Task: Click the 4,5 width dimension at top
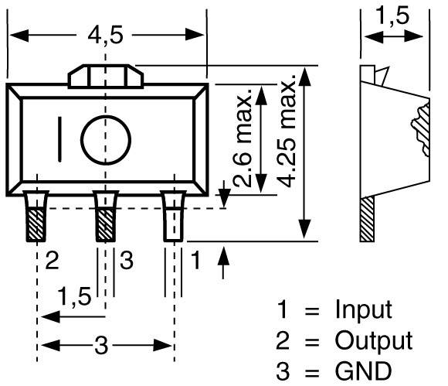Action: click(106, 36)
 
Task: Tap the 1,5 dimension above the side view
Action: click(395, 16)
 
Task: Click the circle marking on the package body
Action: click(106, 140)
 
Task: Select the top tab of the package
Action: click(105, 77)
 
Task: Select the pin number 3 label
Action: click(127, 261)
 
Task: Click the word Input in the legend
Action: click(362, 310)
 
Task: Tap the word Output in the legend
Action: click(373, 340)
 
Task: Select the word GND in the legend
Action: click(362, 369)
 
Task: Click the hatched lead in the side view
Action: click(368, 218)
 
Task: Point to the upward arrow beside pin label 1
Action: click(225, 263)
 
